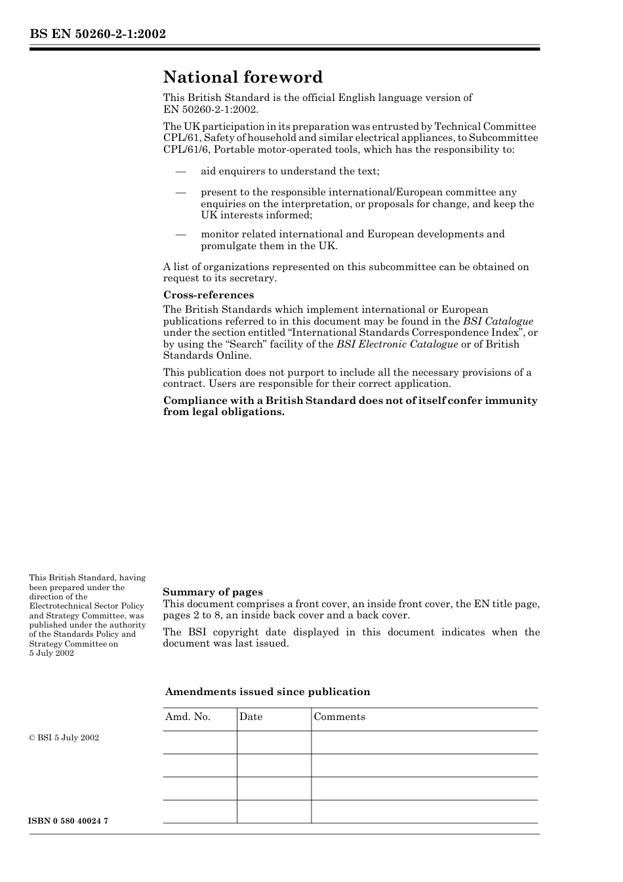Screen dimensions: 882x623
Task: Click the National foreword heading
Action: [x=243, y=77]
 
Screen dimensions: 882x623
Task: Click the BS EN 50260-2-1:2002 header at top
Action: [x=97, y=34]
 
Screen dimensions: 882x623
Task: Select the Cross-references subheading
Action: [x=208, y=295]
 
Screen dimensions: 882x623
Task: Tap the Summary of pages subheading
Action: [x=212, y=592]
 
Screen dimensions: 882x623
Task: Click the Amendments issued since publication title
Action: [x=268, y=692]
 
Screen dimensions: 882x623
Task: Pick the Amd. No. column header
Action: [x=188, y=717]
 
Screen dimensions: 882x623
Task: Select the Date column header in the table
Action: [x=251, y=717]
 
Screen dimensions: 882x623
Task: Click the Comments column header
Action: [x=339, y=717]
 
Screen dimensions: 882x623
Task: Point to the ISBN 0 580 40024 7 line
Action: [x=69, y=822]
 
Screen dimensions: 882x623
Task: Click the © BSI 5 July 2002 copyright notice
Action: [x=64, y=738]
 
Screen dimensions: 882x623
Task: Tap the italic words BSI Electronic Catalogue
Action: [x=397, y=344]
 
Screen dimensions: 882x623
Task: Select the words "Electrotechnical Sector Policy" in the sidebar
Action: [x=86, y=606]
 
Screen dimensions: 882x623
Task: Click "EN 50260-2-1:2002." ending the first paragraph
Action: [x=211, y=110]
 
